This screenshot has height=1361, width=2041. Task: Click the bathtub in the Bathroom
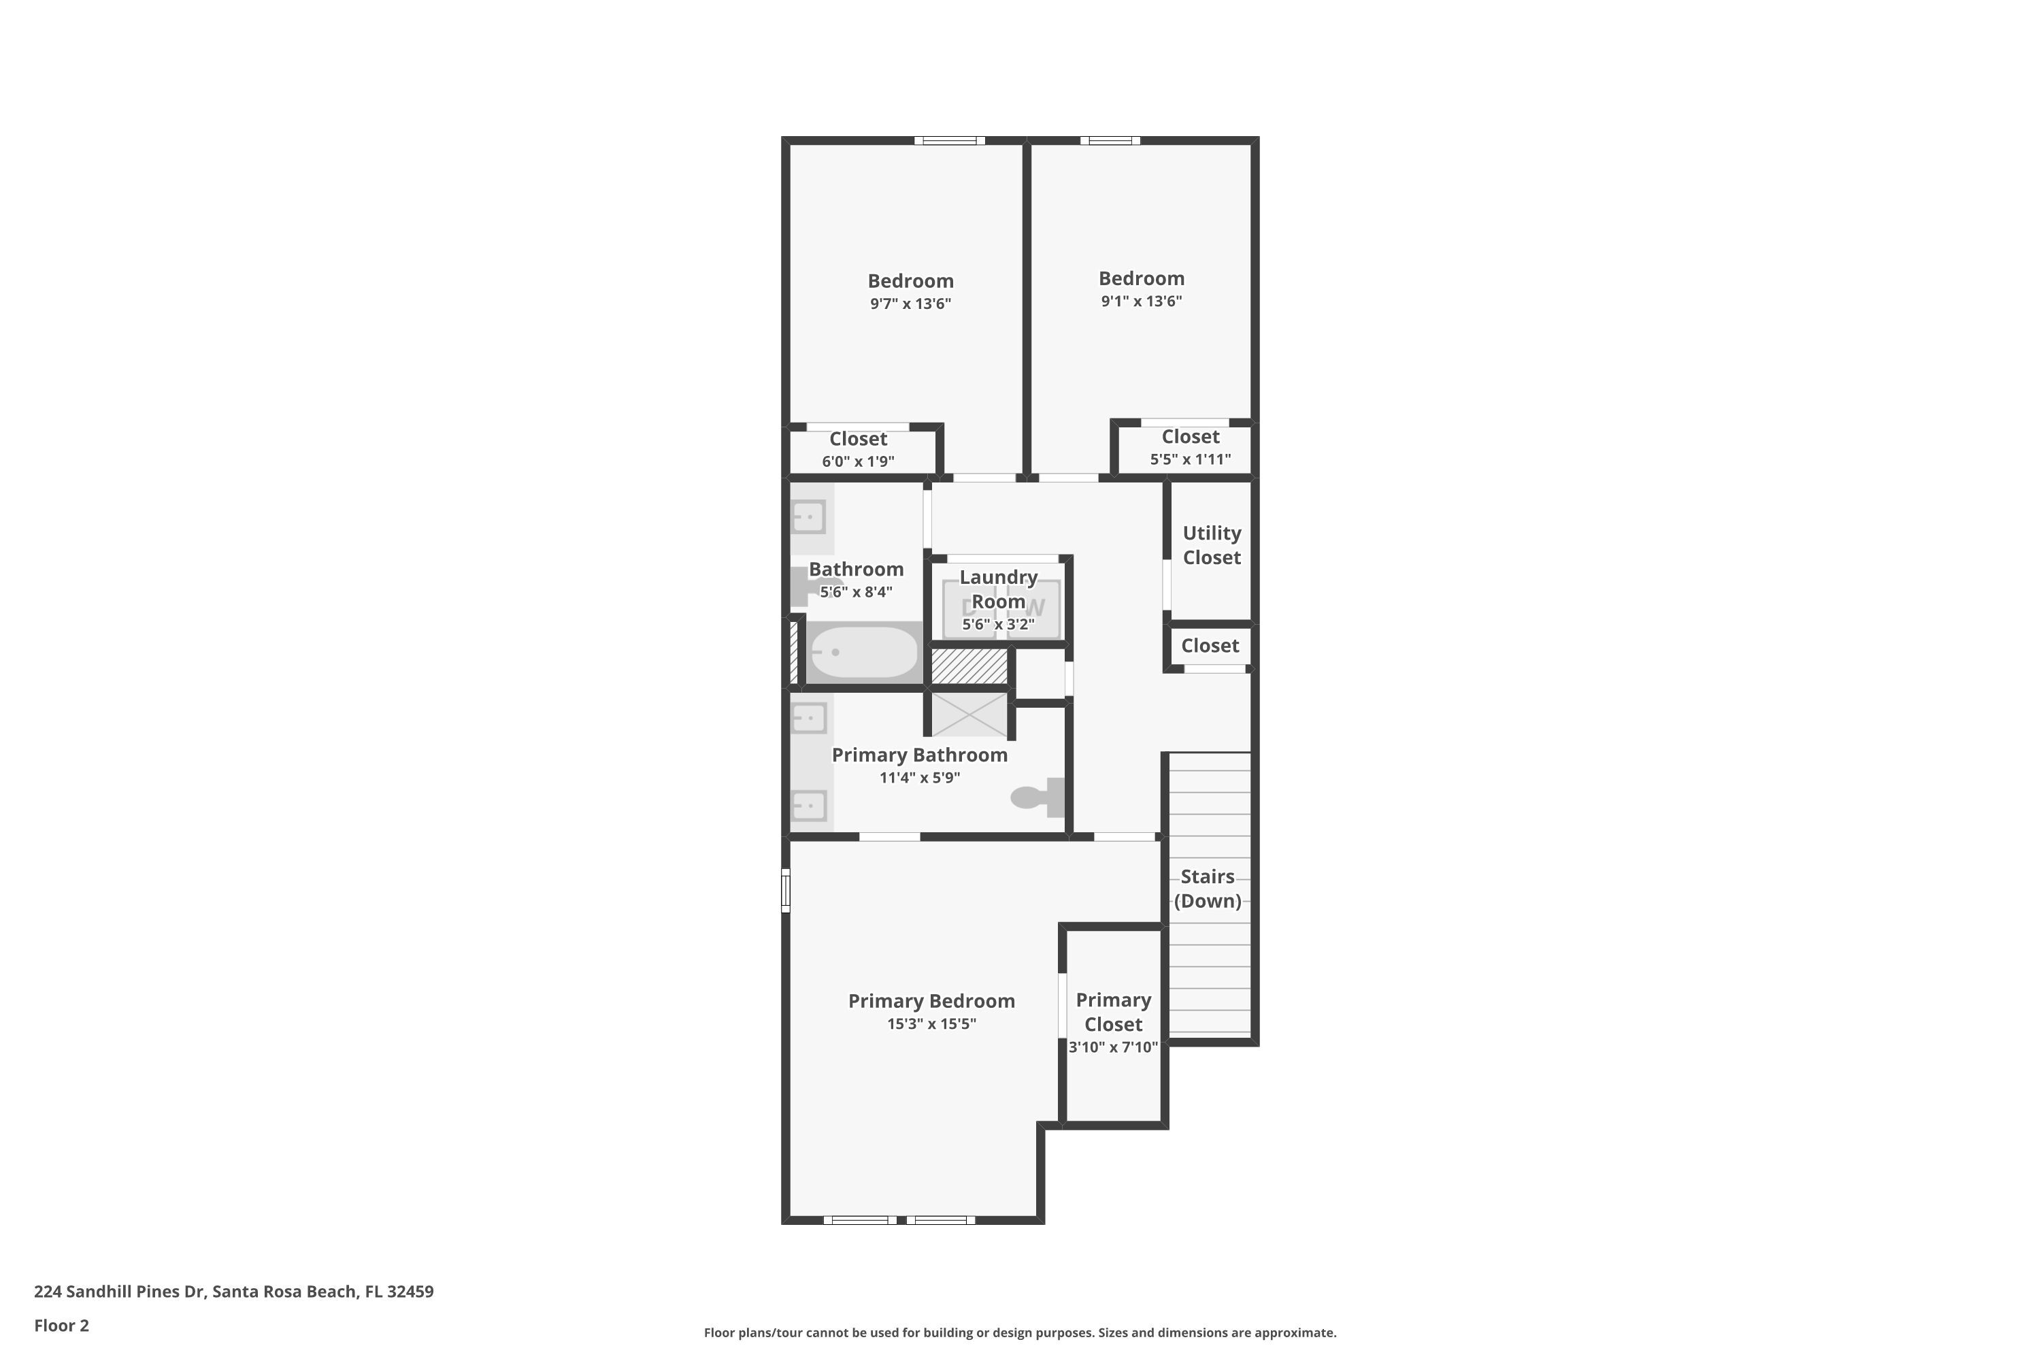[x=863, y=652]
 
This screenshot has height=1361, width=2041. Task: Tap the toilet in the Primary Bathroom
[x=1037, y=797]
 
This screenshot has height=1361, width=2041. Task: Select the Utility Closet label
[x=1212, y=545]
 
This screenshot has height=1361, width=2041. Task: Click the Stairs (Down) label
[x=1207, y=888]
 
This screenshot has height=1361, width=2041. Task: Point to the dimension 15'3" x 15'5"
[x=931, y=1024]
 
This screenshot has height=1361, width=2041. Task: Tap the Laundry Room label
[x=998, y=589]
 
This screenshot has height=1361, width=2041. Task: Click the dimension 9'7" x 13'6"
[x=910, y=304]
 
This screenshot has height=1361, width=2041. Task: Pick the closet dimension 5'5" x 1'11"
[x=1190, y=459]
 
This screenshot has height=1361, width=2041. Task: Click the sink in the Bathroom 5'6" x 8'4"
[x=808, y=517]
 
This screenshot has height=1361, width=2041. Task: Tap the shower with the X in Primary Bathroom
[x=969, y=715]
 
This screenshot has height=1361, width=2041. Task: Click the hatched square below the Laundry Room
[x=969, y=666]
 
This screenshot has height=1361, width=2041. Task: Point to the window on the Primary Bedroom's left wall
[x=785, y=891]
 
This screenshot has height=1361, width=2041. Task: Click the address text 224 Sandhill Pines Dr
[x=120, y=1292]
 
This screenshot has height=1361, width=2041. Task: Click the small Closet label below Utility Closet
[x=1210, y=646]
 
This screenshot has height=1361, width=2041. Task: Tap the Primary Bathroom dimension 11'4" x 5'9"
[x=919, y=778]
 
